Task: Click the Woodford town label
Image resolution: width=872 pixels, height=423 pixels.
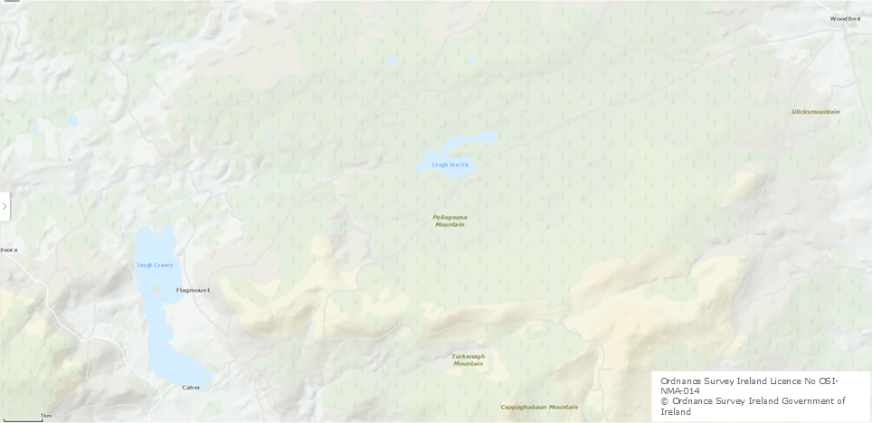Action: click(845, 18)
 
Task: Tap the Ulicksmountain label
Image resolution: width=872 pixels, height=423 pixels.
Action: click(815, 112)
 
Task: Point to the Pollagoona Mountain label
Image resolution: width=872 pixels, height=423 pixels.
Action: click(450, 221)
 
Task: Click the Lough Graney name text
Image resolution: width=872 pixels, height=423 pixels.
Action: click(154, 265)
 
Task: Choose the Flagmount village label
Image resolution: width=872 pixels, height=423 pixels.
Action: click(193, 290)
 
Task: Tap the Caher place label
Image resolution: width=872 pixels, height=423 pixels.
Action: click(191, 387)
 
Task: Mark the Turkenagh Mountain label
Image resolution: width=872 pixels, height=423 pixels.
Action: click(469, 360)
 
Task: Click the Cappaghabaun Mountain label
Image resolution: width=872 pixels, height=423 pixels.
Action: click(539, 407)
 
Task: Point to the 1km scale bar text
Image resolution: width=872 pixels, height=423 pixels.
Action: click(46, 416)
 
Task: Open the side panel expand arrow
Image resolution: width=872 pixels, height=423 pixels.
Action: click(5, 206)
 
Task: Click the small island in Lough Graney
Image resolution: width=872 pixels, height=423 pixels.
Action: click(159, 288)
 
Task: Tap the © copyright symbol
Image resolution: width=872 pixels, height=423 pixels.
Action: click(664, 401)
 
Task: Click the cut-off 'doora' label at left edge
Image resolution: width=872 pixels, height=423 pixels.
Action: click(8, 249)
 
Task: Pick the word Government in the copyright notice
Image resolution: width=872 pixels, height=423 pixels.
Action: click(800, 401)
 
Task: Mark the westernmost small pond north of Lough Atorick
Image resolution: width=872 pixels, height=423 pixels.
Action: click(391, 62)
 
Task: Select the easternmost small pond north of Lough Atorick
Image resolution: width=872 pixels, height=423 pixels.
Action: click(471, 61)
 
